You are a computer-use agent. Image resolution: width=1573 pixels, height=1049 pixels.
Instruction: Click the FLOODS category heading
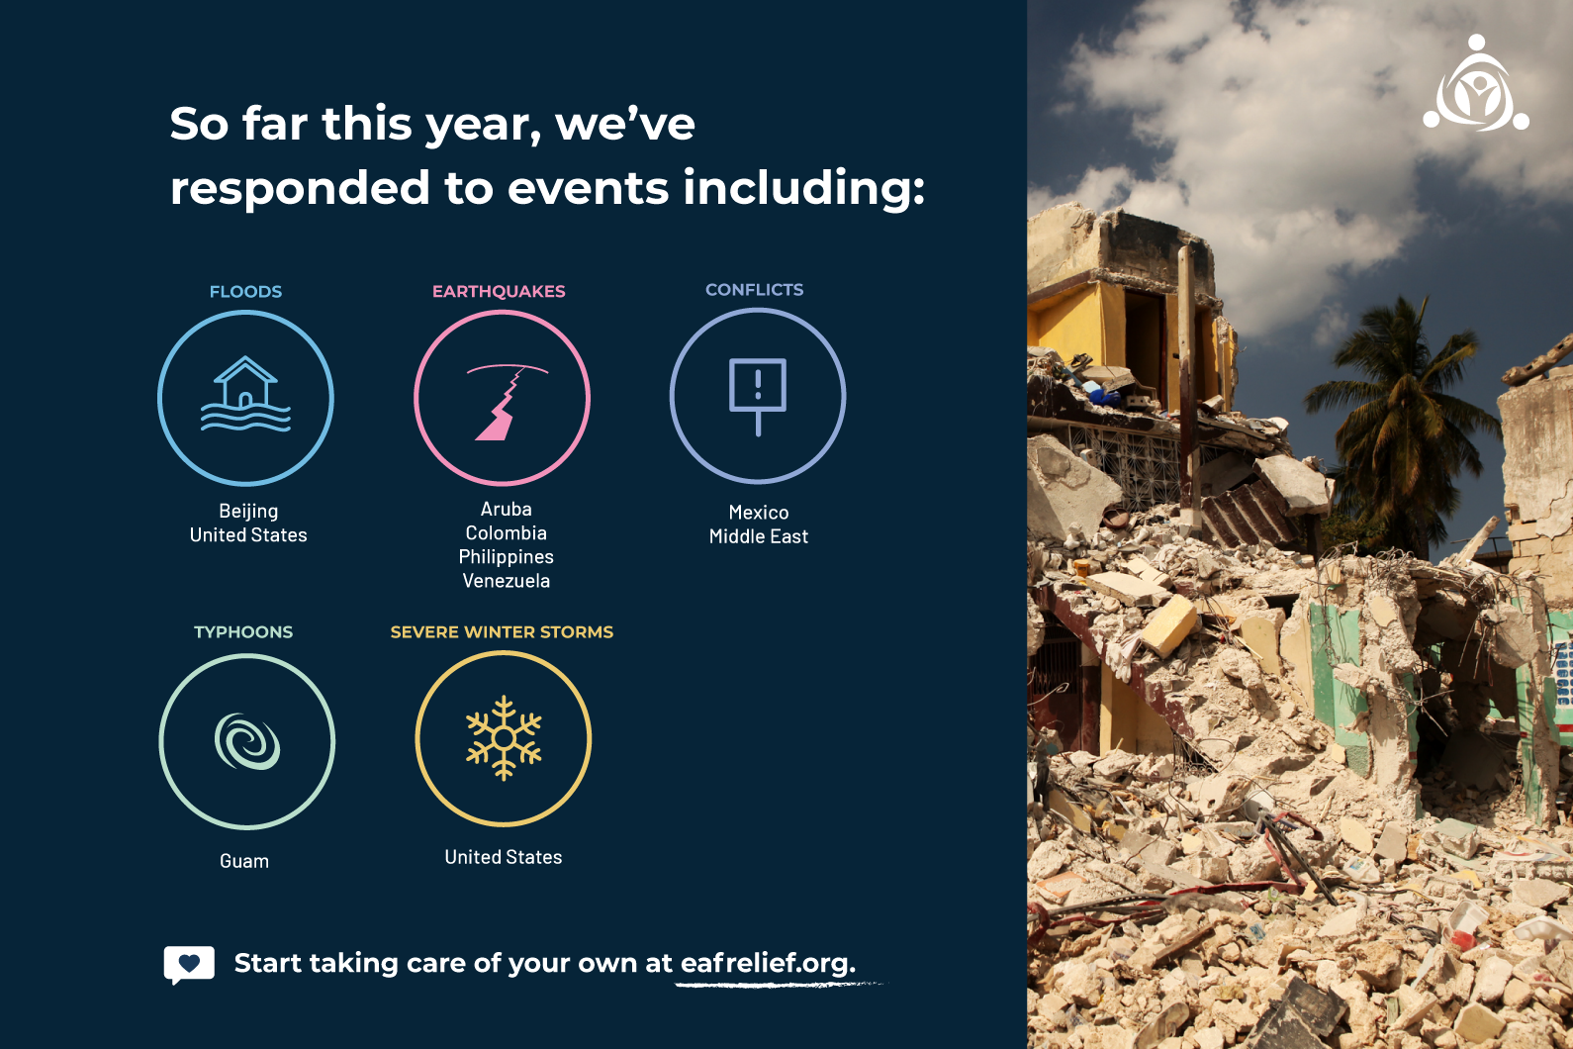tap(245, 292)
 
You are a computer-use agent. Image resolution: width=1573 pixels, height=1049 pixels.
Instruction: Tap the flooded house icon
tap(245, 394)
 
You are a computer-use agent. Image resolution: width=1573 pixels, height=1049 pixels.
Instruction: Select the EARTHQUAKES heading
tap(499, 292)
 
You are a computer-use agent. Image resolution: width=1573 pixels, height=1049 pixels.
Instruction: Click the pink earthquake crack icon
tap(507, 402)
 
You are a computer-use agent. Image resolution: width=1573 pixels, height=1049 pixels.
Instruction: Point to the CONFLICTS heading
tap(754, 290)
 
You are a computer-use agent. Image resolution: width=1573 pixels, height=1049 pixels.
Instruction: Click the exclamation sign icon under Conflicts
tap(758, 396)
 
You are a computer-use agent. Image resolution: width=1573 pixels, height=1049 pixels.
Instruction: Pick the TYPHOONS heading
tap(243, 631)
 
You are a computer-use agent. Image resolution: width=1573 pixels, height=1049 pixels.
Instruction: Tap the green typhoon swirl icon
tap(247, 741)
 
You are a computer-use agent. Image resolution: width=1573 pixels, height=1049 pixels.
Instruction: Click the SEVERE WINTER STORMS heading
tap(503, 631)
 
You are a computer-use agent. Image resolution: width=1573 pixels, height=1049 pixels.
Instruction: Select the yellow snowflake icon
tap(504, 737)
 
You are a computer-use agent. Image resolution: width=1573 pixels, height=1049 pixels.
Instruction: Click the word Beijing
tap(248, 512)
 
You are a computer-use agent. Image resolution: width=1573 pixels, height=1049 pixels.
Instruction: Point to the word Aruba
tap(507, 509)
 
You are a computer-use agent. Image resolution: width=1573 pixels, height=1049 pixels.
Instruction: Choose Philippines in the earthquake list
tap(507, 557)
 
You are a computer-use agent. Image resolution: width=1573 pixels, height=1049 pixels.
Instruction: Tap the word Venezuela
tap(507, 581)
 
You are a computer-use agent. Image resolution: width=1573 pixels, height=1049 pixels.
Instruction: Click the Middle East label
tap(759, 536)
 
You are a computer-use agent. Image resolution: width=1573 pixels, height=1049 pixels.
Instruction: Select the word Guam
tap(244, 861)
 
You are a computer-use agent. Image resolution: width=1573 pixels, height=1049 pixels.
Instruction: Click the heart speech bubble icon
tap(189, 965)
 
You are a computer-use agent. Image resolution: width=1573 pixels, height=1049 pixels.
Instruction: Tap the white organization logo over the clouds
tap(1476, 83)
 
